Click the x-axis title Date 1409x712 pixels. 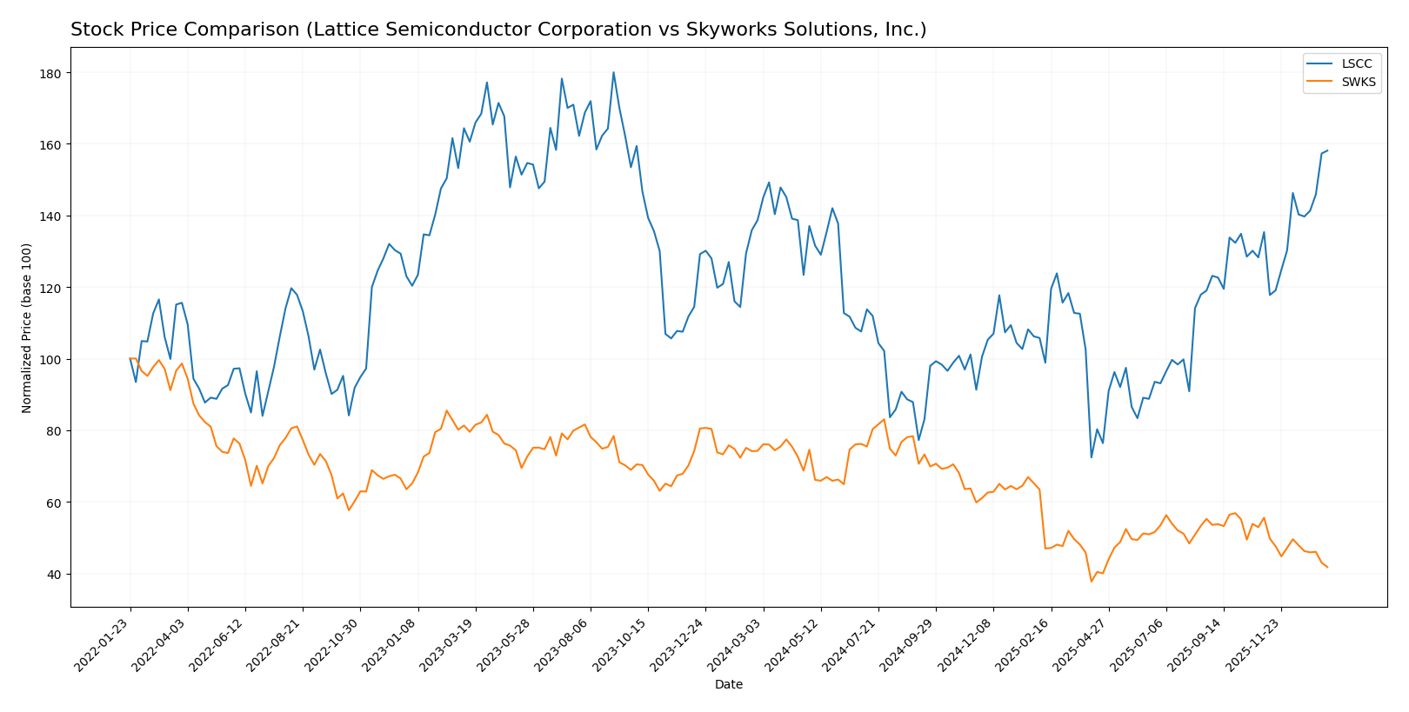728,685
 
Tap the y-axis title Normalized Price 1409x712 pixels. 27,328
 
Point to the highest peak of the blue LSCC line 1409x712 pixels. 613,72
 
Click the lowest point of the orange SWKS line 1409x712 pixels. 1091,582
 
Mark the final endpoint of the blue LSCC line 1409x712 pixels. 1327,150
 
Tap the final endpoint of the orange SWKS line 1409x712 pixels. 1327,568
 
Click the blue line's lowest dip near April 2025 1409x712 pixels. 1091,457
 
